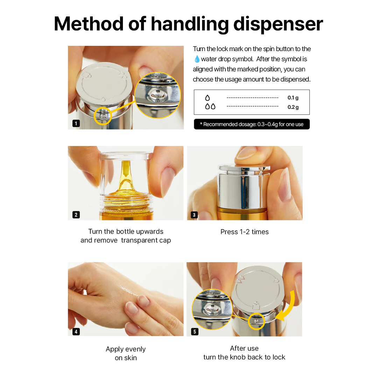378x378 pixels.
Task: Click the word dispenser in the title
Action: [x=278, y=24]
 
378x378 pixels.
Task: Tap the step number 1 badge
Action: [x=76, y=123]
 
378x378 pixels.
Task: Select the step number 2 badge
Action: [x=76, y=215]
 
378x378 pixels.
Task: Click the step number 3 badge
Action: [x=194, y=215]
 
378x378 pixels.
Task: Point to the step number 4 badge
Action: [x=76, y=331]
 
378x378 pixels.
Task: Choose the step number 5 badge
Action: [x=195, y=331]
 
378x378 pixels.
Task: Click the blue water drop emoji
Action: [x=197, y=59]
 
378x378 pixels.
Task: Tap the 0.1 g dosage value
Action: [x=293, y=98]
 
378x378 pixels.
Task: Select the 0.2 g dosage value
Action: [x=293, y=107]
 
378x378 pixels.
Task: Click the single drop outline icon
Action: [x=208, y=98]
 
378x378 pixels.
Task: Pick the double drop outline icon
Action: [x=210, y=106]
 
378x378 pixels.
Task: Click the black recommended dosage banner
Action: [x=252, y=124]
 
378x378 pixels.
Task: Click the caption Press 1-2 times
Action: [x=244, y=232]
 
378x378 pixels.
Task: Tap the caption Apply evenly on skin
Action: [x=126, y=353]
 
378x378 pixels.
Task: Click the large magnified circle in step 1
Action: [x=157, y=96]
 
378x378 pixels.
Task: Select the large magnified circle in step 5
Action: [x=212, y=309]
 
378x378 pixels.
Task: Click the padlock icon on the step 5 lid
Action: [x=256, y=304]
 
